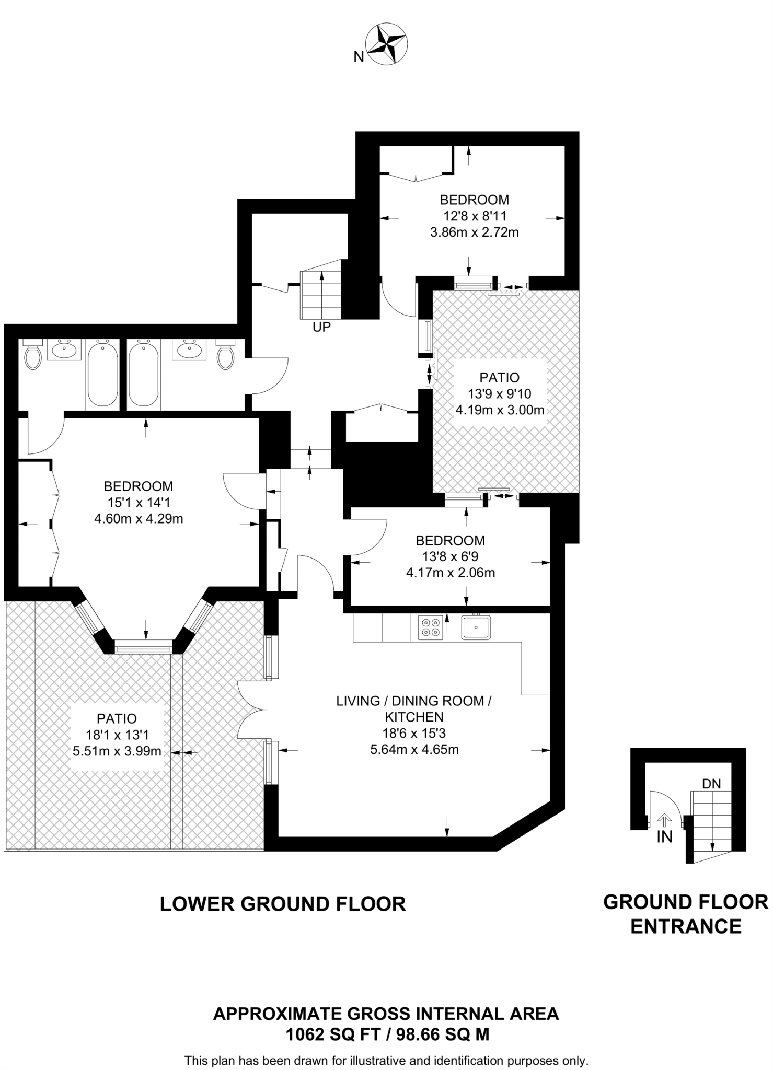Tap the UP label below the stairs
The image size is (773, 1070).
322,328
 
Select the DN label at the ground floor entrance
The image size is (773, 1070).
711,784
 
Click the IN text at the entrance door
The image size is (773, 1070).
664,837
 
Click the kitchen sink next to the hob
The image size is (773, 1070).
476,627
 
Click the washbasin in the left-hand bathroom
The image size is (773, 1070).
64,349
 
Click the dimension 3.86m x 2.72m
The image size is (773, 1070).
474,232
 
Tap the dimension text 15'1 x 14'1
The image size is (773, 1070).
138,503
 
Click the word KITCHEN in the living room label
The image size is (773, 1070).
414,717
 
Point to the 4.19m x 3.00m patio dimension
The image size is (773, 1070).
500,410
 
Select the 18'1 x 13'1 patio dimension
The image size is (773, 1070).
118,735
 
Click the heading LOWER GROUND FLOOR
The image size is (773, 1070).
282,904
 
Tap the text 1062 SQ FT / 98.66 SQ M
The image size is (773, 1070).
387,1034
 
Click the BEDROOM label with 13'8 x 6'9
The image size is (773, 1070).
450,540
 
